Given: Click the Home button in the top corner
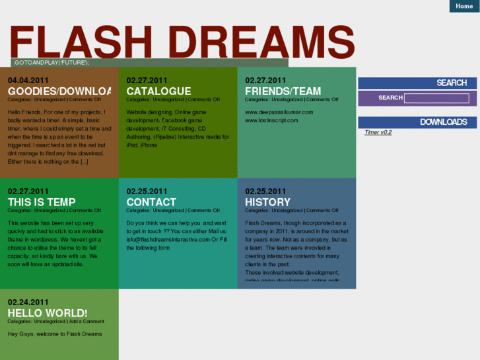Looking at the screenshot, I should pos(464,6).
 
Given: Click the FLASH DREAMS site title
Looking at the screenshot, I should pos(182,43).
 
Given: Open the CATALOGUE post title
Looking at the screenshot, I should pos(158,91).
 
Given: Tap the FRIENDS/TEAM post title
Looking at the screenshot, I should pos(283,91).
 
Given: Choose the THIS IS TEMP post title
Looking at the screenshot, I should pos(42,202).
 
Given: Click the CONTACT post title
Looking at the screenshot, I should pos(151,202).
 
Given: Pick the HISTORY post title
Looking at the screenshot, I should pos(267,202).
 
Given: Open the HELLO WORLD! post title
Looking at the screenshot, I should pos(48,313).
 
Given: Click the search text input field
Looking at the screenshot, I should pos(436,98).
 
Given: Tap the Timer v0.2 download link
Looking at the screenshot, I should pos(378,132).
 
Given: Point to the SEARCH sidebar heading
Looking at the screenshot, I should pos(452,83).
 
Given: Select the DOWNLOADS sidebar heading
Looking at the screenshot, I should pos(443,122).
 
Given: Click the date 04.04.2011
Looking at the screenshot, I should pos(28,81).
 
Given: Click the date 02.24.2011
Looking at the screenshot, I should pos(28,303).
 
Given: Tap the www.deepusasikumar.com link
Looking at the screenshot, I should pos(279,112).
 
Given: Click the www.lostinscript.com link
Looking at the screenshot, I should pos(271,120).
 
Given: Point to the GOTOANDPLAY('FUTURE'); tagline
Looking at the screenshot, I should pos(51,63).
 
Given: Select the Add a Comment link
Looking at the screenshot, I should pos(86,322).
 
